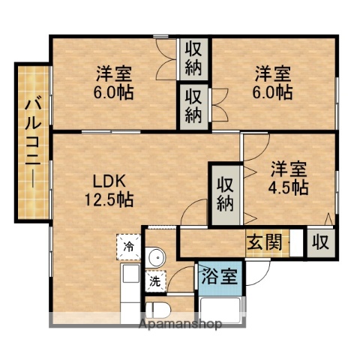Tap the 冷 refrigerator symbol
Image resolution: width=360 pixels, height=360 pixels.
click(x=128, y=245)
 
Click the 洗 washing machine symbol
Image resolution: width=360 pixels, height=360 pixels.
click(x=154, y=282)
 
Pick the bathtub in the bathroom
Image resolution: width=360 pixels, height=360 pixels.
click(x=222, y=307)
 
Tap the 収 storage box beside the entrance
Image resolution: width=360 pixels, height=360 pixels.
click(x=320, y=242)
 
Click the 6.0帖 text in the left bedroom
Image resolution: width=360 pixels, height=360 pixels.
click(x=114, y=92)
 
